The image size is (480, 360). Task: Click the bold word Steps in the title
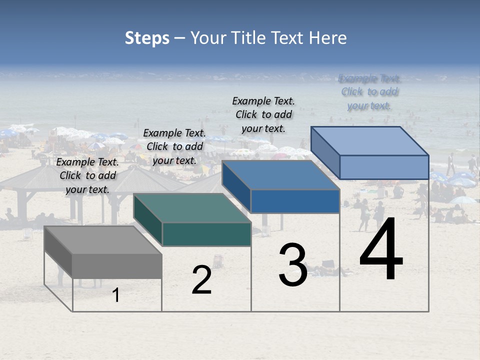click(147, 38)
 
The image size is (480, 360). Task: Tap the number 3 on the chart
click(293, 265)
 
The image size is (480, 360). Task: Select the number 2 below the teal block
click(201, 280)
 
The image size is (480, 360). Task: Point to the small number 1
click(116, 295)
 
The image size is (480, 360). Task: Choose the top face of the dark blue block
click(280, 175)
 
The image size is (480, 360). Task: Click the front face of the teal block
click(206, 234)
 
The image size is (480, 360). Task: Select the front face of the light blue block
click(384, 167)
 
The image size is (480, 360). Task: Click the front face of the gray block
click(117, 266)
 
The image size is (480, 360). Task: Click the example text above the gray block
click(87, 175)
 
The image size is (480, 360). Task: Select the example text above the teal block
click(174, 146)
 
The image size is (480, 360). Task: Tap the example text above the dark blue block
click(263, 114)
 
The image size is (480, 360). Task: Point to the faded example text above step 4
click(369, 92)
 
